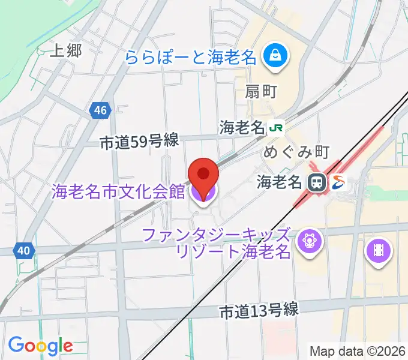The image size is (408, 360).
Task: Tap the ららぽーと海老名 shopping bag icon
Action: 277,58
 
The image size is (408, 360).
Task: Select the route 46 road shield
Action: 101,110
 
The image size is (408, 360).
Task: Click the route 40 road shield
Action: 23,250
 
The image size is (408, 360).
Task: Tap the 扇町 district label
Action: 260,92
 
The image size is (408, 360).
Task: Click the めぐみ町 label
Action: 293,152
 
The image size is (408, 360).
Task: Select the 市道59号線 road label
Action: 139,142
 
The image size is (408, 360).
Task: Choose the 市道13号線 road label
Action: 259,311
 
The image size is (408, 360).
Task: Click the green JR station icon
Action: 276,128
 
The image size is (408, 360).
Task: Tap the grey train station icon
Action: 316,182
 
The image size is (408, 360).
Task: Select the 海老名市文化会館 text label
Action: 118,193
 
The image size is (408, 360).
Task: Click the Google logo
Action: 40,345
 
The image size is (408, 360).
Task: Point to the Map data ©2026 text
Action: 358,351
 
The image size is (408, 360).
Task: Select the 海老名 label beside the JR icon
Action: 242,128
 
